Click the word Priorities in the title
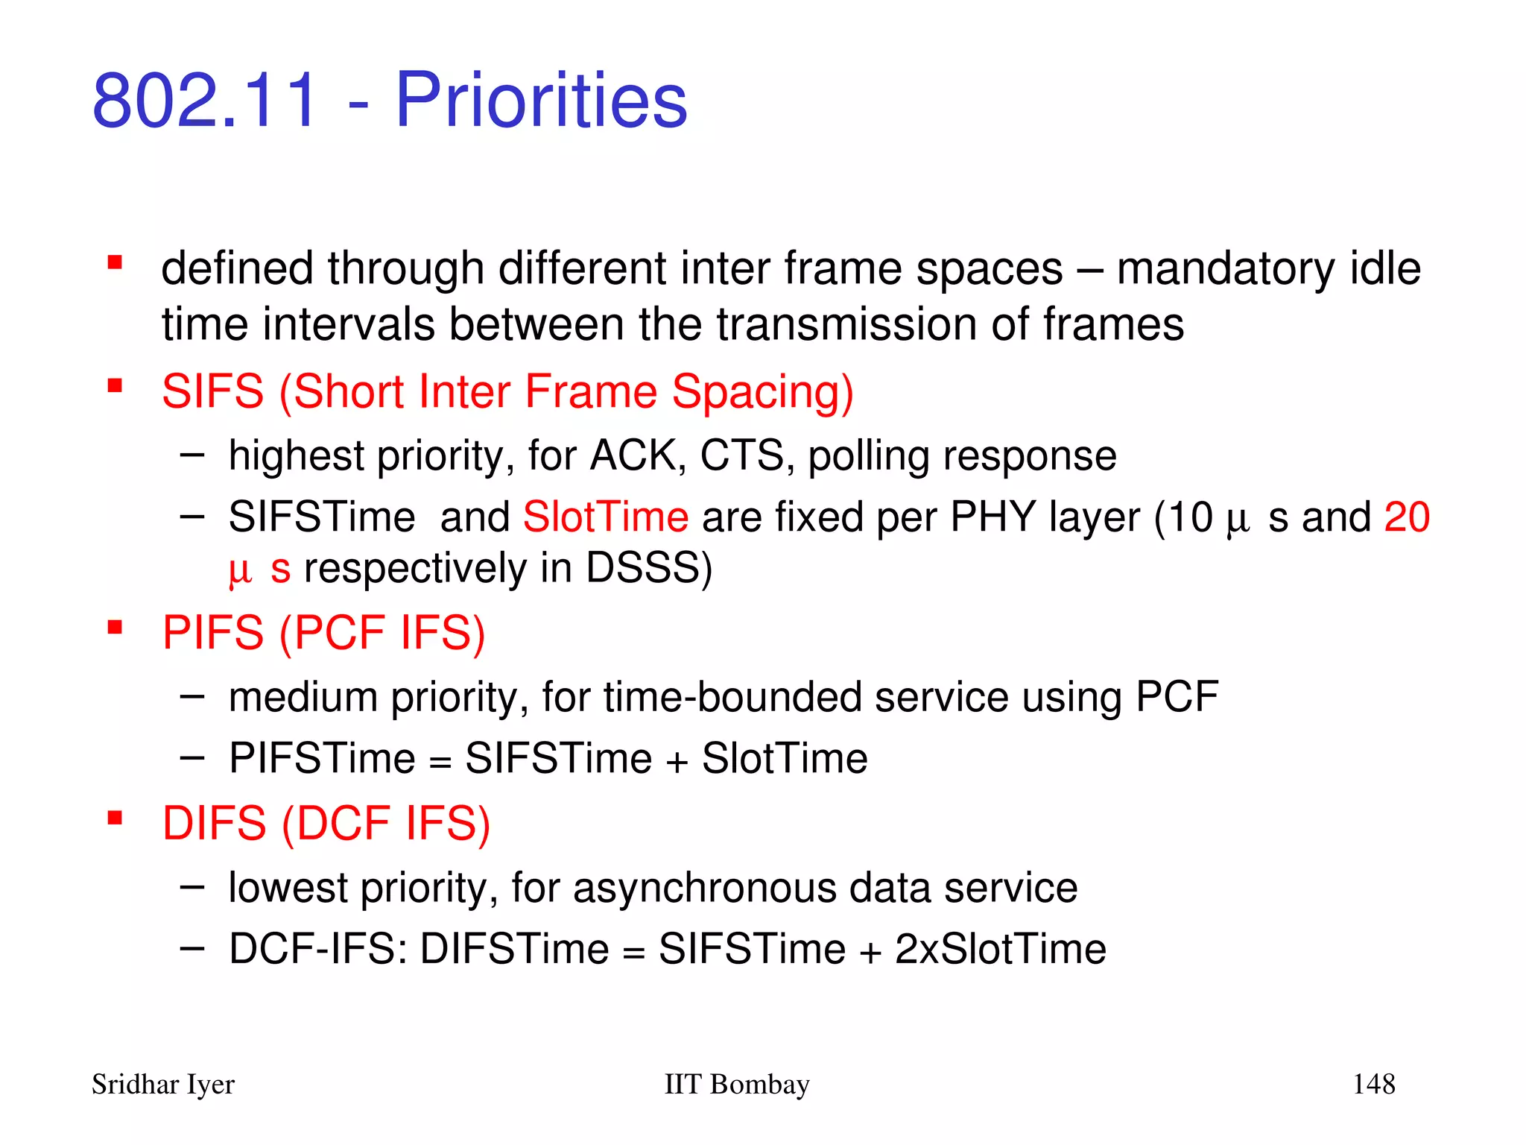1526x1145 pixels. click(541, 101)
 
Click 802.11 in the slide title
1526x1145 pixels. click(205, 101)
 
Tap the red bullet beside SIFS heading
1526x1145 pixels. click(115, 385)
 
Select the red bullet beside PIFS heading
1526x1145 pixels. click(115, 627)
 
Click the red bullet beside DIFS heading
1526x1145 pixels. click(115, 818)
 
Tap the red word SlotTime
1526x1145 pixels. click(606, 517)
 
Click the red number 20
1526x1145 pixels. click(1406, 517)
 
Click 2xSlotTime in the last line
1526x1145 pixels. click(1000, 950)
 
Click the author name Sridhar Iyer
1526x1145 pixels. click(163, 1084)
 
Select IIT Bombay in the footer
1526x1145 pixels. click(736, 1084)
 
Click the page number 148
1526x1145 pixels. click(1373, 1084)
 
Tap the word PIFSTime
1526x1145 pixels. click(322, 759)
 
